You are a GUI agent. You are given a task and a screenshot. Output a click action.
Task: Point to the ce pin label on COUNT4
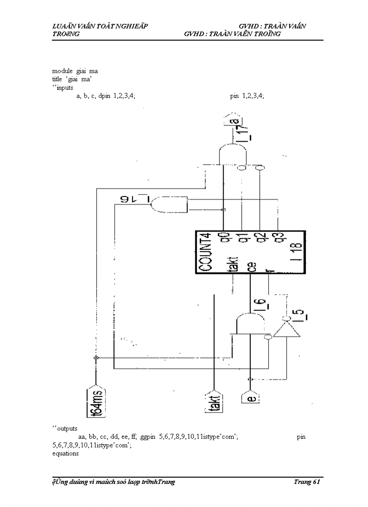(x=251, y=267)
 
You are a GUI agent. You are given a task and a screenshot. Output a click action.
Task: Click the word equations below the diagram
(x=65, y=453)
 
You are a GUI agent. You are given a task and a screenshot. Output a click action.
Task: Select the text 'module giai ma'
(x=75, y=71)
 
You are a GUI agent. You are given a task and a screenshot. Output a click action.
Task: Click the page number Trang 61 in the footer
(x=307, y=482)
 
